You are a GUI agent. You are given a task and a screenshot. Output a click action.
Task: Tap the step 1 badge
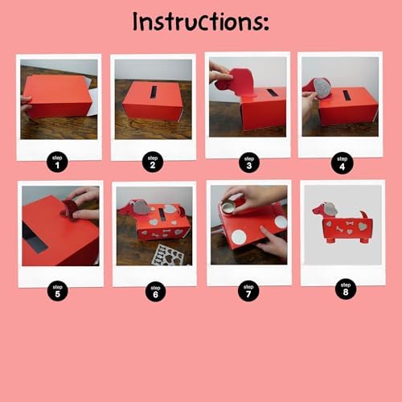click(57, 162)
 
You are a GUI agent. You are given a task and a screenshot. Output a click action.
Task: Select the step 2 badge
click(153, 162)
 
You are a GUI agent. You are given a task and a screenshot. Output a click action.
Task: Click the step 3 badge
click(249, 162)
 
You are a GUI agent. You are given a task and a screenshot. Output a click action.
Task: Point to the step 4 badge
click(343, 163)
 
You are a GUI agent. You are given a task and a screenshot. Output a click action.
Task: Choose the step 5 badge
click(58, 291)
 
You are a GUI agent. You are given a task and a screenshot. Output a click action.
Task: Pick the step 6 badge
click(155, 291)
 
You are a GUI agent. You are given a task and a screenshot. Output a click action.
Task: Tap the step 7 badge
click(248, 291)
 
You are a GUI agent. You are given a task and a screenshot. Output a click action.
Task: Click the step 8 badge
click(346, 289)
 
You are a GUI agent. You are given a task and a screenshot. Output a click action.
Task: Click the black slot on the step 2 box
click(154, 92)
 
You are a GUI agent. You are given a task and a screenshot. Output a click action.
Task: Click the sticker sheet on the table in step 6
click(167, 255)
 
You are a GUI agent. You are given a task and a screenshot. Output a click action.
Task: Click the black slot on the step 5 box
click(35, 239)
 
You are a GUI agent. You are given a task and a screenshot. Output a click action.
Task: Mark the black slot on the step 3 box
click(271, 92)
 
